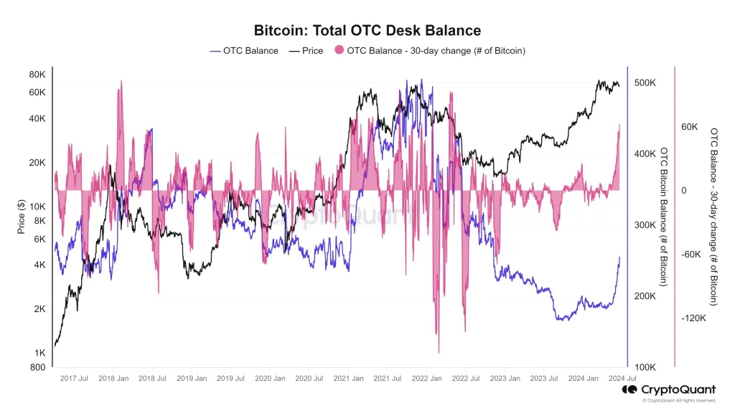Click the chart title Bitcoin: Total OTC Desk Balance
367,30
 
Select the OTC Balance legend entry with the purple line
244,51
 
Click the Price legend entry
306,51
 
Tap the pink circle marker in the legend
339,51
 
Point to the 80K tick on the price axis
37,75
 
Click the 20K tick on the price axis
37,163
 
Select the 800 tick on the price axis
39,368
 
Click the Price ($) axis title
22,217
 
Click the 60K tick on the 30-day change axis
690,127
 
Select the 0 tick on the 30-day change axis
684,191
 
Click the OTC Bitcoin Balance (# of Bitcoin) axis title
664,217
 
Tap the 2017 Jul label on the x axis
74,378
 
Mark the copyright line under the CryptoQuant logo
675,401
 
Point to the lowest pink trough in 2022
438,352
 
